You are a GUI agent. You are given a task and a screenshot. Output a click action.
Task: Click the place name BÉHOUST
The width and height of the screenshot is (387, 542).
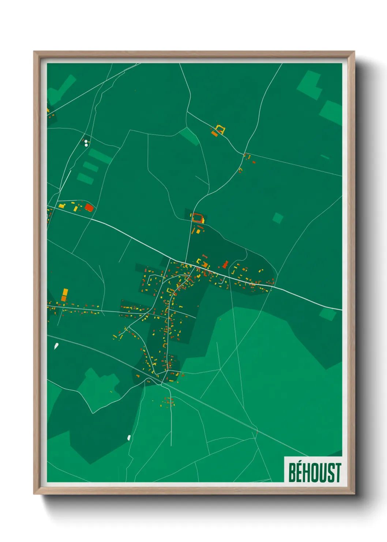click(315, 472)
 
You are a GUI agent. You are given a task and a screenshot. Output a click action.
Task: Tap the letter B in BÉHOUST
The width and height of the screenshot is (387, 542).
click(293, 472)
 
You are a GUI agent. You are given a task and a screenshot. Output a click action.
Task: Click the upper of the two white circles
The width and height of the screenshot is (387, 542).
click(86, 141)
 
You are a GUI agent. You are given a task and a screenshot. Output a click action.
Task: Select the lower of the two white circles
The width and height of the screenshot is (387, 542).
click(86, 145)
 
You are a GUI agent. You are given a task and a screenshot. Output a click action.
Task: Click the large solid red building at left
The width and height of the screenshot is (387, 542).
click(89, 208)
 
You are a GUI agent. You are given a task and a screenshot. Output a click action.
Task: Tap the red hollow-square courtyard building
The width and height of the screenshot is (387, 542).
click(198, 218)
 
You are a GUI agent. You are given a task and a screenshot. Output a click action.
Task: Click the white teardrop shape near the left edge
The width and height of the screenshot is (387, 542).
click(56, 345)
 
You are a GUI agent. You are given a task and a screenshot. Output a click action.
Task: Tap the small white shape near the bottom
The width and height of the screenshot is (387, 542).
click(129, 437)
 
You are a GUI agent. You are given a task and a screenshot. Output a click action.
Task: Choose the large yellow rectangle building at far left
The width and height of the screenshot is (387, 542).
click(65, 292)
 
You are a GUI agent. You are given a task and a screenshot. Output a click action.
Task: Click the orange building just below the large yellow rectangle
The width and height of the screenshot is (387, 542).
click(64, 298)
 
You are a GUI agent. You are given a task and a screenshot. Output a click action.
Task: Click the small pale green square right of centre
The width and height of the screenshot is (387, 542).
click(278, 218)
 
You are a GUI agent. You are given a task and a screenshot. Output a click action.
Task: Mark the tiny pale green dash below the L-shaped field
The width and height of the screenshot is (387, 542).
click(325, 157)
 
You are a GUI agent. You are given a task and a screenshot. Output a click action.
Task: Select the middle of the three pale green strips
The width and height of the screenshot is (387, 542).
click(90, 167)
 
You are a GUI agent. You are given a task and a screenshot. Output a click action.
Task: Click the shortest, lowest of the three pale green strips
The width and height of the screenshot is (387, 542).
click(85, 178)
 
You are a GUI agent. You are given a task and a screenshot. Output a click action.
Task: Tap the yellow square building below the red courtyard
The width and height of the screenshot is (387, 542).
click(198, 231)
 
